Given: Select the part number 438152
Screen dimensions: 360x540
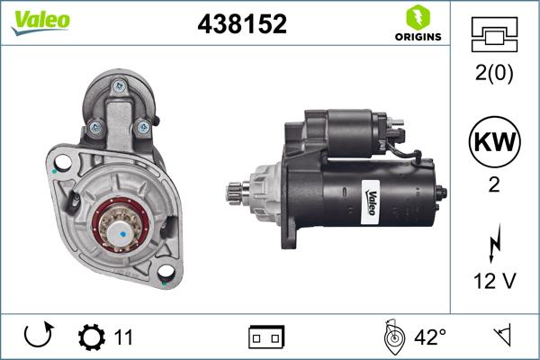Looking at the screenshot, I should pos(242,24).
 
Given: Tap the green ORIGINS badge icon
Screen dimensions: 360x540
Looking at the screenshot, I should pos(416,16).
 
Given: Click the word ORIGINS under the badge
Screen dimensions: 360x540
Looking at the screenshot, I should pos(416,37).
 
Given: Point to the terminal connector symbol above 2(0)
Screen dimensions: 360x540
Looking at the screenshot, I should pos(493,36).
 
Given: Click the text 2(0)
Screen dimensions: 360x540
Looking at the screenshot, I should pos(493,75).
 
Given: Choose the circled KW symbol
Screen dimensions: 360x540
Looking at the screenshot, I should pos(493,141).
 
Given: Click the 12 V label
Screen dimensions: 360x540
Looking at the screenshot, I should pos(493,282).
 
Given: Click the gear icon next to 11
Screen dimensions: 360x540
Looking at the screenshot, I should pos(91,337).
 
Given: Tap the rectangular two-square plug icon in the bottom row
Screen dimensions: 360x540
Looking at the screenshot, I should pos(266,337).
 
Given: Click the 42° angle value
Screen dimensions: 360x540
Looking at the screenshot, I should pos(429,337).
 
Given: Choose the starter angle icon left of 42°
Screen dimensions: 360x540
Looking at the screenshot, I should pos(391,337).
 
